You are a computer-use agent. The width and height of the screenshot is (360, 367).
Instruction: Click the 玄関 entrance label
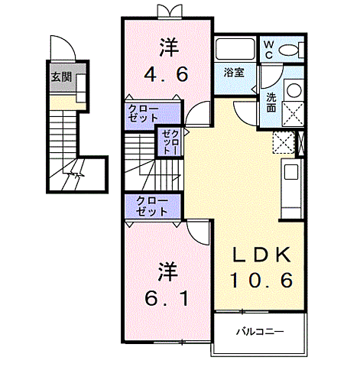click(x=61, y=77)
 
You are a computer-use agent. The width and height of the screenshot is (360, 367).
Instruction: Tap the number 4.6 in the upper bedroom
click(x=167, y=76)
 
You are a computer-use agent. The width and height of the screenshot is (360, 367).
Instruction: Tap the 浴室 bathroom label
click(x=234, y=73)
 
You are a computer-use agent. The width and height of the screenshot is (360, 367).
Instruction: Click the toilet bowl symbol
click(x=291, y=50)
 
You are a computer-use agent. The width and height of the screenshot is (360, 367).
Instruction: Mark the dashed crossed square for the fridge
click(x=284, y=143)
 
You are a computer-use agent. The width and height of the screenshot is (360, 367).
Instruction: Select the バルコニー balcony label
click(x=259, y=332)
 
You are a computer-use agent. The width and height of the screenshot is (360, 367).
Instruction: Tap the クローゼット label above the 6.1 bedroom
click(x=152, y=206)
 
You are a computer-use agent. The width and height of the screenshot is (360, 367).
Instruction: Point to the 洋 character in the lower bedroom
click(x=167, y=271)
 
